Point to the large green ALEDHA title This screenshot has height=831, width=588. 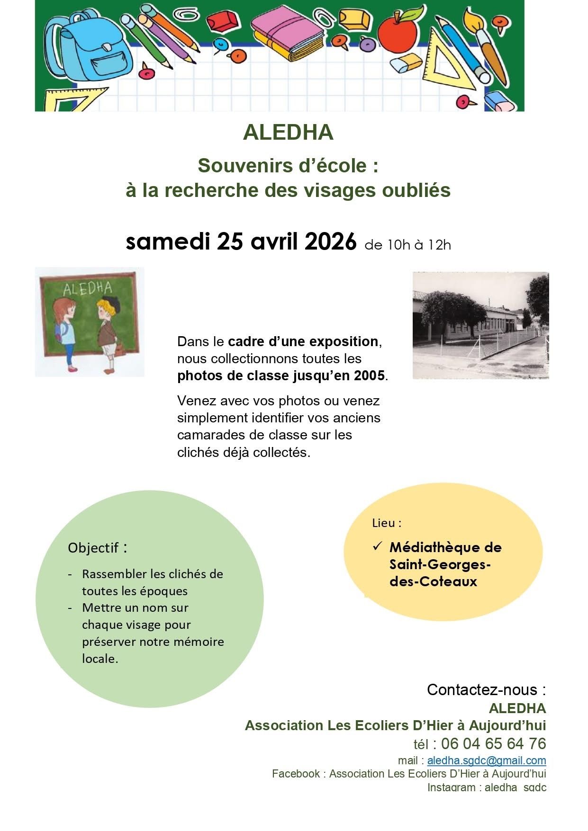click(x=288, y=133)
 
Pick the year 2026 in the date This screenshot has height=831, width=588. click(x=330, y=242)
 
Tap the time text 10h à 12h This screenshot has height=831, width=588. click(x=408, y=245)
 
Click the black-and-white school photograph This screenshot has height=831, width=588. click(x=480, y=325)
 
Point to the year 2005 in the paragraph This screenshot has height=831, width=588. click(x=369, y=375)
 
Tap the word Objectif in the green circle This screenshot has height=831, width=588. click(x=93, y=548)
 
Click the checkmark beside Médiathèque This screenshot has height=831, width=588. click(x=377, y=546)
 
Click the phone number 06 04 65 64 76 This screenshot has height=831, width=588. click(x=493, y=743)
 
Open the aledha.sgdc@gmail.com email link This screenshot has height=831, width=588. click(x=486, y=760)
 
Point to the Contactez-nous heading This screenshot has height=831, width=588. click(x=486, y=689)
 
